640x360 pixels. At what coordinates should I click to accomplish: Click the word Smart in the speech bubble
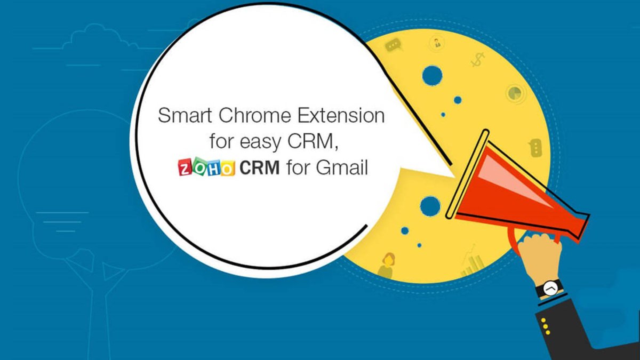coord(185,115)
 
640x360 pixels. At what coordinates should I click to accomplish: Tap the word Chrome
coord(255,115)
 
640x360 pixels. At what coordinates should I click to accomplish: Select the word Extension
coord(341,115)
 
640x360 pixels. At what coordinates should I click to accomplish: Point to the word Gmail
coord(342,167)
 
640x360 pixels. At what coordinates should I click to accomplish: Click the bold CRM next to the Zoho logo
coord(259,167)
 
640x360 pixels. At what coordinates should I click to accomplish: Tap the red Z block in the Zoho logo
coord(185,168)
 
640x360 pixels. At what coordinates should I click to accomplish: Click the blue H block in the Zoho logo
coord(214,168)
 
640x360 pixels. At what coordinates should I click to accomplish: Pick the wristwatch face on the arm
coord(550,288)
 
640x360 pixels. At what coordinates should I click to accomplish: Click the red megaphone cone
coord(514,191)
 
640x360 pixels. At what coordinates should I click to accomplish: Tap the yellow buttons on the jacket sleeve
coord(546,326)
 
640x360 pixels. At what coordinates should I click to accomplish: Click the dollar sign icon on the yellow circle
coord(477,60)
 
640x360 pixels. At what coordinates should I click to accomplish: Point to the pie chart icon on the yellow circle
coord(515,93)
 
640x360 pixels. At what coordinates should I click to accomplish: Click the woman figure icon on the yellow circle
coord(386,265)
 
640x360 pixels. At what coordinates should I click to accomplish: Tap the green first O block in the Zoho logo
coord(199,167)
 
